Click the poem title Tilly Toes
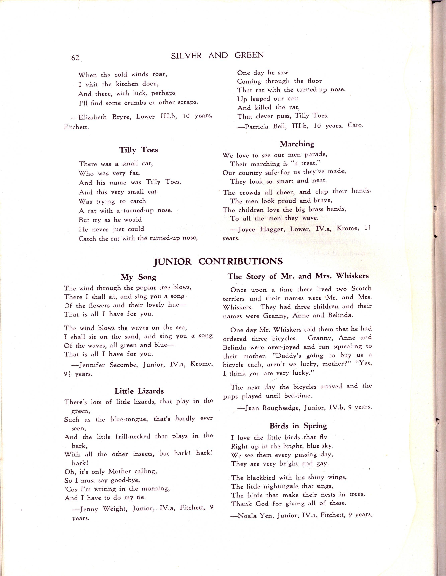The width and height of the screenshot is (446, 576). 138,150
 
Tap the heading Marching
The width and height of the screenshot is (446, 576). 297,144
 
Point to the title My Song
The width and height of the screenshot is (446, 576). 138,277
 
